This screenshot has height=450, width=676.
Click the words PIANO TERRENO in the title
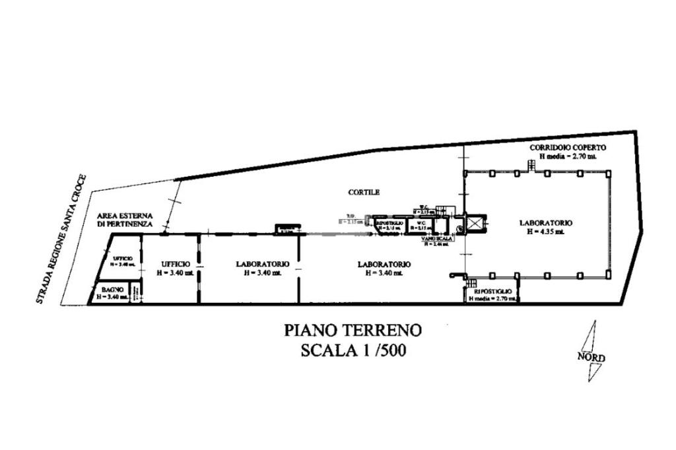tap(353, 330)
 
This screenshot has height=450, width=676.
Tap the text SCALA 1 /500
tap(353, 350)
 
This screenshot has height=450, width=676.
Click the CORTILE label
tap(364, 193)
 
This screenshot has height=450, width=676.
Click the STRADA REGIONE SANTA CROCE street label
tap(61, 239)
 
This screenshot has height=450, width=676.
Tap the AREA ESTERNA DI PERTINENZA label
tap(125, 220)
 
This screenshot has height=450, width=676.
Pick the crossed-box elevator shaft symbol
tap(475, 224)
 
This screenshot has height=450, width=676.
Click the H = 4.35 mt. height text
tap(545, 232)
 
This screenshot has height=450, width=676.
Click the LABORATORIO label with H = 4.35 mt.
tap(546, 223)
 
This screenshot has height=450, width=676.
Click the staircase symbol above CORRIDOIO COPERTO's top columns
tap(531, 165)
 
